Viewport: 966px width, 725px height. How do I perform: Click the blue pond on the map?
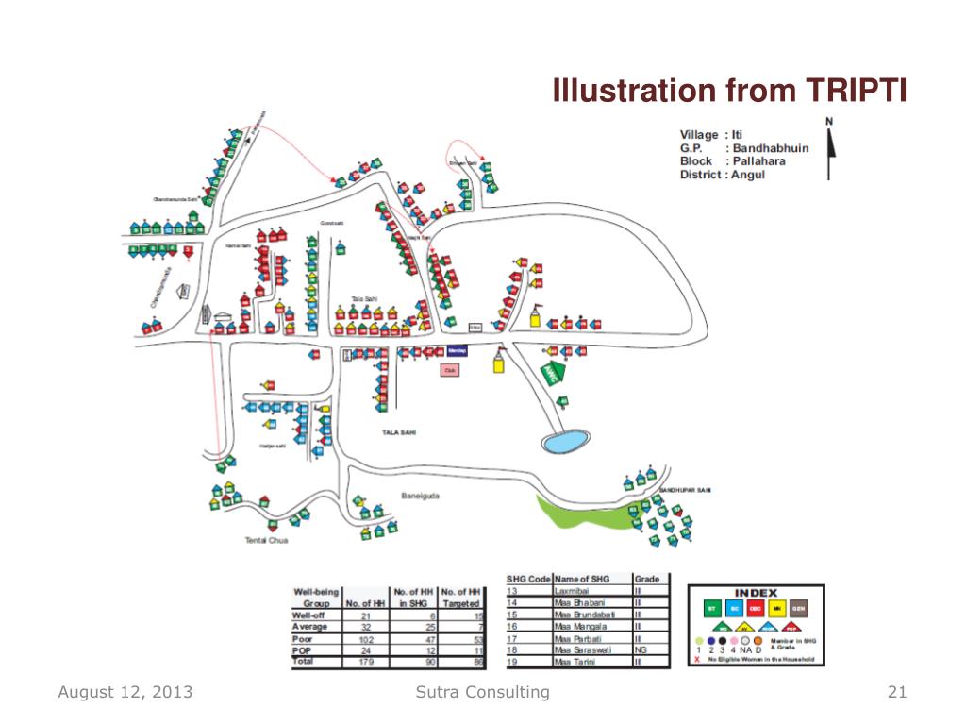(566, 441)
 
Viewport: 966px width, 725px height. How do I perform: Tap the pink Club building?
(450, 370)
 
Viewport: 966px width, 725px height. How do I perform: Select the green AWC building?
(553, 372)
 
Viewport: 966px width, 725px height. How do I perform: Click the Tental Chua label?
(266, 540)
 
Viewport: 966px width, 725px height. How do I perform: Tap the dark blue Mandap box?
(457, 350)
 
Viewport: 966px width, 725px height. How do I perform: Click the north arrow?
(829, 151)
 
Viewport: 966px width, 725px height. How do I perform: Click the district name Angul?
(748, 175)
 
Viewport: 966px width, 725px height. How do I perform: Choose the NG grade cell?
(641, 650)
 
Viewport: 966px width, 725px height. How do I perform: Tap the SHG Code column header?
(527, 579)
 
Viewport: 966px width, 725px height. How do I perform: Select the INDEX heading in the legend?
(756, 593)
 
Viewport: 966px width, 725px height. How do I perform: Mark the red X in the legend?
(696, 660)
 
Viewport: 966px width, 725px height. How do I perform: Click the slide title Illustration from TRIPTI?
(728, 92)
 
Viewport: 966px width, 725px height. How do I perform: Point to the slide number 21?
(897, 693)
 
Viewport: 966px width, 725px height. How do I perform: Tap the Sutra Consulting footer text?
(482, 693)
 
